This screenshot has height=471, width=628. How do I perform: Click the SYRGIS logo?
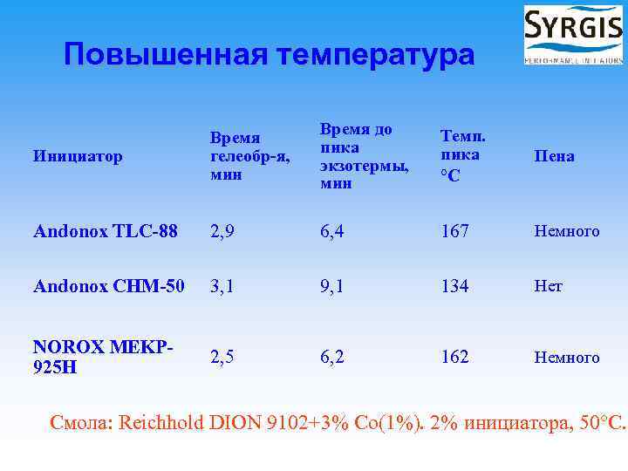point(572,35)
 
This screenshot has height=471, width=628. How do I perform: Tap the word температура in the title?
point(375,55)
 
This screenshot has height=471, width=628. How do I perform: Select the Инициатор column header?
point(77,156)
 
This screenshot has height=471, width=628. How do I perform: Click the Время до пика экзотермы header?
point(356,156)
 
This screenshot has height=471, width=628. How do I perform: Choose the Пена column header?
point(556,156)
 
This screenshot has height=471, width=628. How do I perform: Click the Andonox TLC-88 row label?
point(105,231)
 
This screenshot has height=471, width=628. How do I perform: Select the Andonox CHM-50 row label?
point(108,286)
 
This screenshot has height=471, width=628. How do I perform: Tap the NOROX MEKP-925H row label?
point(101,357)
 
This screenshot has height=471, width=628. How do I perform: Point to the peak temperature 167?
point(454,231)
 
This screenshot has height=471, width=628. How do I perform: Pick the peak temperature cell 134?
point(454,286)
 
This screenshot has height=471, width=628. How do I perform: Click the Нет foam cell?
point(549,286)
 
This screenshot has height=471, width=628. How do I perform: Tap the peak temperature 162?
point(454,357)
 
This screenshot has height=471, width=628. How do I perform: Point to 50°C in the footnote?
point(597,425)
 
